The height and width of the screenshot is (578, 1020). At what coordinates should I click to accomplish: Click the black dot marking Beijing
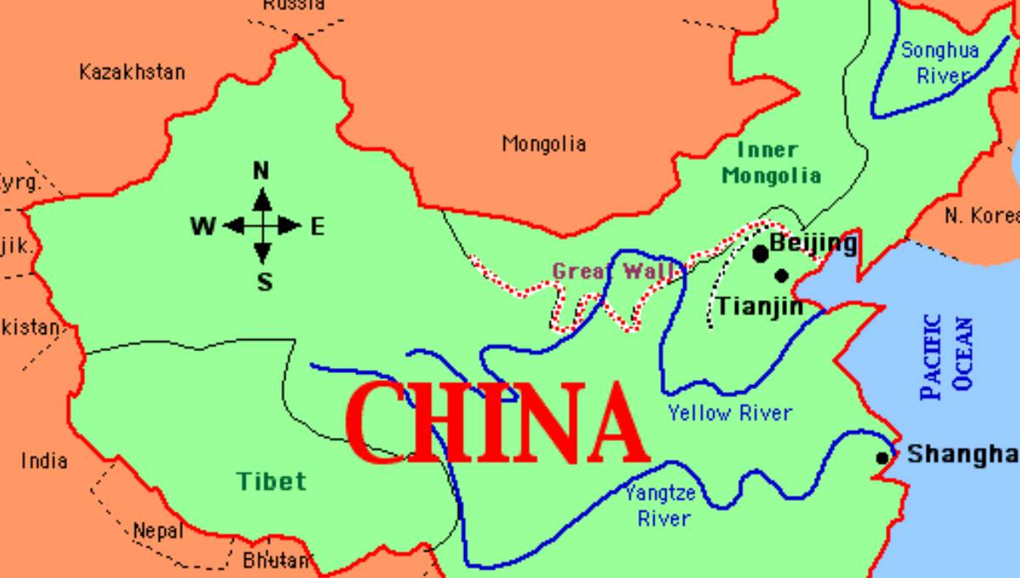(761, 253)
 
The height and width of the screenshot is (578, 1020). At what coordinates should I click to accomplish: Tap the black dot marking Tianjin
(782, 275)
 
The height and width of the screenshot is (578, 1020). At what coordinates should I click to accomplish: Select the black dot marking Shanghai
(882, 458)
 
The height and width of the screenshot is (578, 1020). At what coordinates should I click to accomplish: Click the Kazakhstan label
(132, 71)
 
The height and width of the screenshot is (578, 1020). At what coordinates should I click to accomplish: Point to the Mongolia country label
(544, 144)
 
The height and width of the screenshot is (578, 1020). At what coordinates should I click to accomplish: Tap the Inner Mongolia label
(770, 163)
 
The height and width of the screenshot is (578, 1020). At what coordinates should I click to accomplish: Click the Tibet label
(271, 481)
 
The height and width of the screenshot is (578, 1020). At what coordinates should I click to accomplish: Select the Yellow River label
(729, 413)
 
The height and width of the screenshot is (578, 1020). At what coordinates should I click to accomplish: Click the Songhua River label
(940, 62)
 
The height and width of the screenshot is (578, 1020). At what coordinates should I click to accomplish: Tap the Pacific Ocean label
(947, 358)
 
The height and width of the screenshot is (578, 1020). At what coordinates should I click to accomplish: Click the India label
(44, 461)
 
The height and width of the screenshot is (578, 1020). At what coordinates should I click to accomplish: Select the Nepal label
(158, 532)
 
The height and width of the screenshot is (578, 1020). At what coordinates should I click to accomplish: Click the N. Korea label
(982, 216)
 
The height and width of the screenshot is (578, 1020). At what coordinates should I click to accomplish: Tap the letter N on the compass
(261, 171)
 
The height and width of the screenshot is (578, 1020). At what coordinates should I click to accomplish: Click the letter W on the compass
(202, 226)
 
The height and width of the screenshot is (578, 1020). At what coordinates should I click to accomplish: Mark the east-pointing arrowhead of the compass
(293, 226)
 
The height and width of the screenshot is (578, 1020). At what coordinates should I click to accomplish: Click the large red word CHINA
(492, 422)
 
